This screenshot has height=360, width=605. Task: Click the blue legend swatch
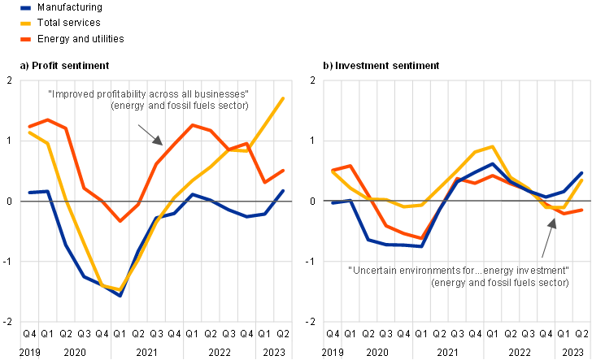tap(25, 7)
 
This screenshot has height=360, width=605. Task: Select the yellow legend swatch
tap(25, 23)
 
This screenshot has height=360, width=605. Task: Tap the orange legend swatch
tap(25, 38)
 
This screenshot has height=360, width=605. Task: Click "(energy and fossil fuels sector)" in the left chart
tap(179, 106)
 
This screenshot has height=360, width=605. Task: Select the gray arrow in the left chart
tap(150, 134)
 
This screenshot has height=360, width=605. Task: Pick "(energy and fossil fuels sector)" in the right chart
tap(500, 282)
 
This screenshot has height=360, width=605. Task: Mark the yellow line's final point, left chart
tap(284, 98)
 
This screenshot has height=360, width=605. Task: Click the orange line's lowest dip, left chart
tap(120, 221)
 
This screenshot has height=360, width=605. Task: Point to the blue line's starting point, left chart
tap(29, 193)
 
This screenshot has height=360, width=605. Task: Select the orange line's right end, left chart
tap(284, 170)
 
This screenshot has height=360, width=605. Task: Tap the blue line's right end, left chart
tap(284, 190)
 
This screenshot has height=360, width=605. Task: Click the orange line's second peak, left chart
tap(193, 124)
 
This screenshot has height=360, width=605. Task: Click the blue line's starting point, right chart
tap(333, 202)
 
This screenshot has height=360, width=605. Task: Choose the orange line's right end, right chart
tap(583, 210)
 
